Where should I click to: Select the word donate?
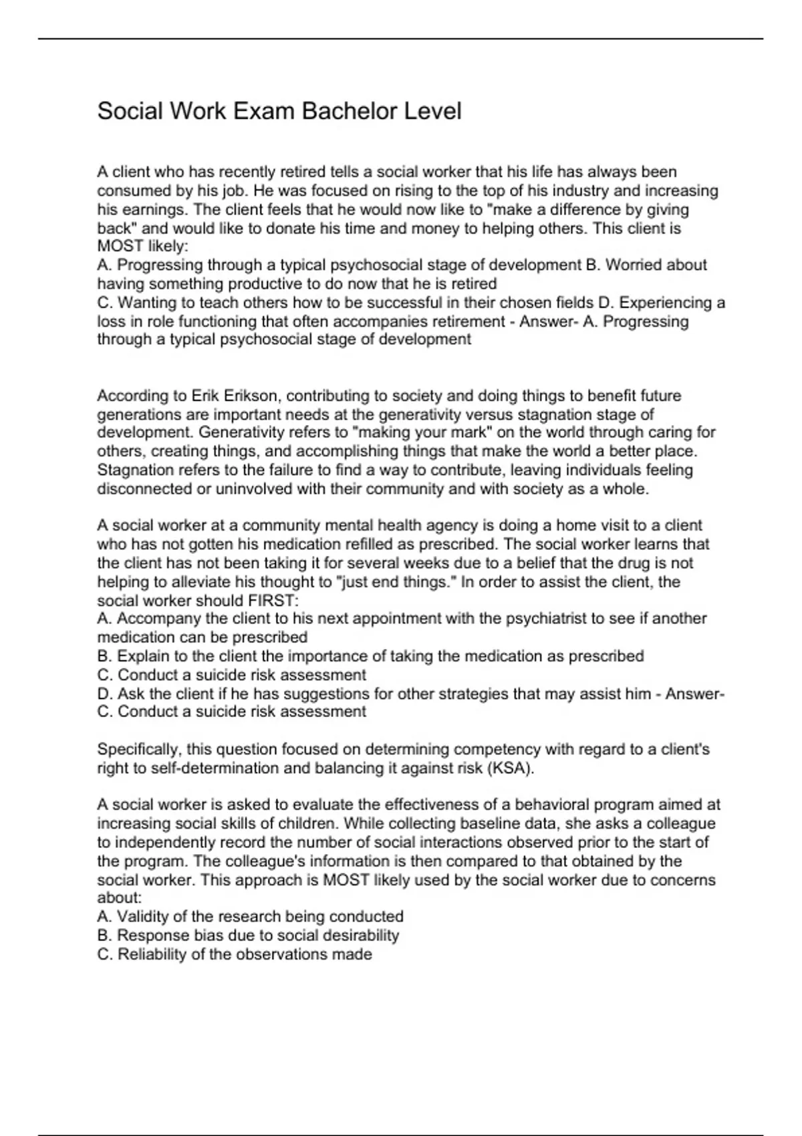pos(290,229)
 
